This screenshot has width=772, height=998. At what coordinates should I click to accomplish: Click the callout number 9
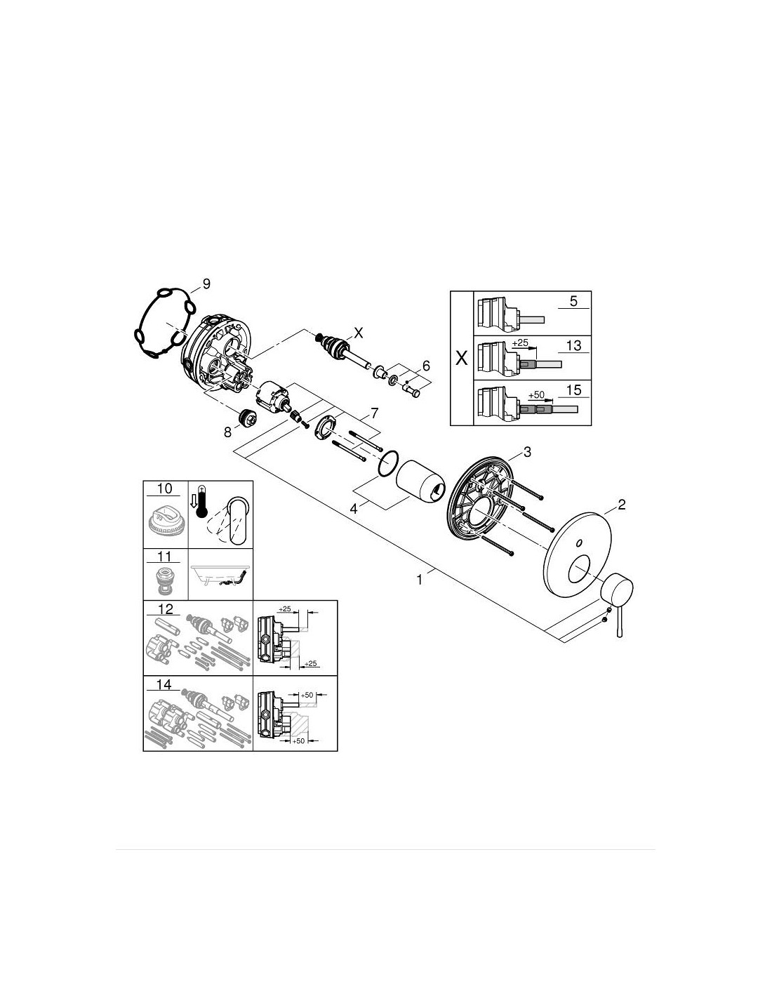(x=206, y=284)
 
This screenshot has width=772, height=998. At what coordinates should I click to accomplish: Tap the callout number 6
(x=426, y=366)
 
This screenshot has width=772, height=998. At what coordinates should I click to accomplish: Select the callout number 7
(x=374, y=413)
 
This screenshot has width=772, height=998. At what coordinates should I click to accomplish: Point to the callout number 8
(x=228, y=432)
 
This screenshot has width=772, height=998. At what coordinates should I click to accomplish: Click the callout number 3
(x=527, y=452)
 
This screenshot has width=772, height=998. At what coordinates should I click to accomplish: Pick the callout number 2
(x=621, y=505)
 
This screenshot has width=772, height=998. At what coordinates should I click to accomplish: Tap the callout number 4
(x=353, y=509)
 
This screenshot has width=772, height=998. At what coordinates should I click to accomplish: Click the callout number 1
(x=419, y=580)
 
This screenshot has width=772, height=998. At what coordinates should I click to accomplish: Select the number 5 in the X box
(x=573, y=301)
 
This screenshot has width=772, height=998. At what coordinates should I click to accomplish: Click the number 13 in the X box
(x=573, y=345)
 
